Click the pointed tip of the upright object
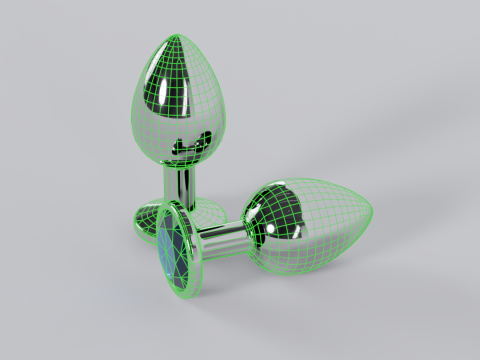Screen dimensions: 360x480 (x=178, y=37)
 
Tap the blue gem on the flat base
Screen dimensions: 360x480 (x=172, y=250)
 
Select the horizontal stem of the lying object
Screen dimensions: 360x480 (x=222, y=239)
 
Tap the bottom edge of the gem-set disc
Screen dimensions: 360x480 (x=186, y=297)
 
